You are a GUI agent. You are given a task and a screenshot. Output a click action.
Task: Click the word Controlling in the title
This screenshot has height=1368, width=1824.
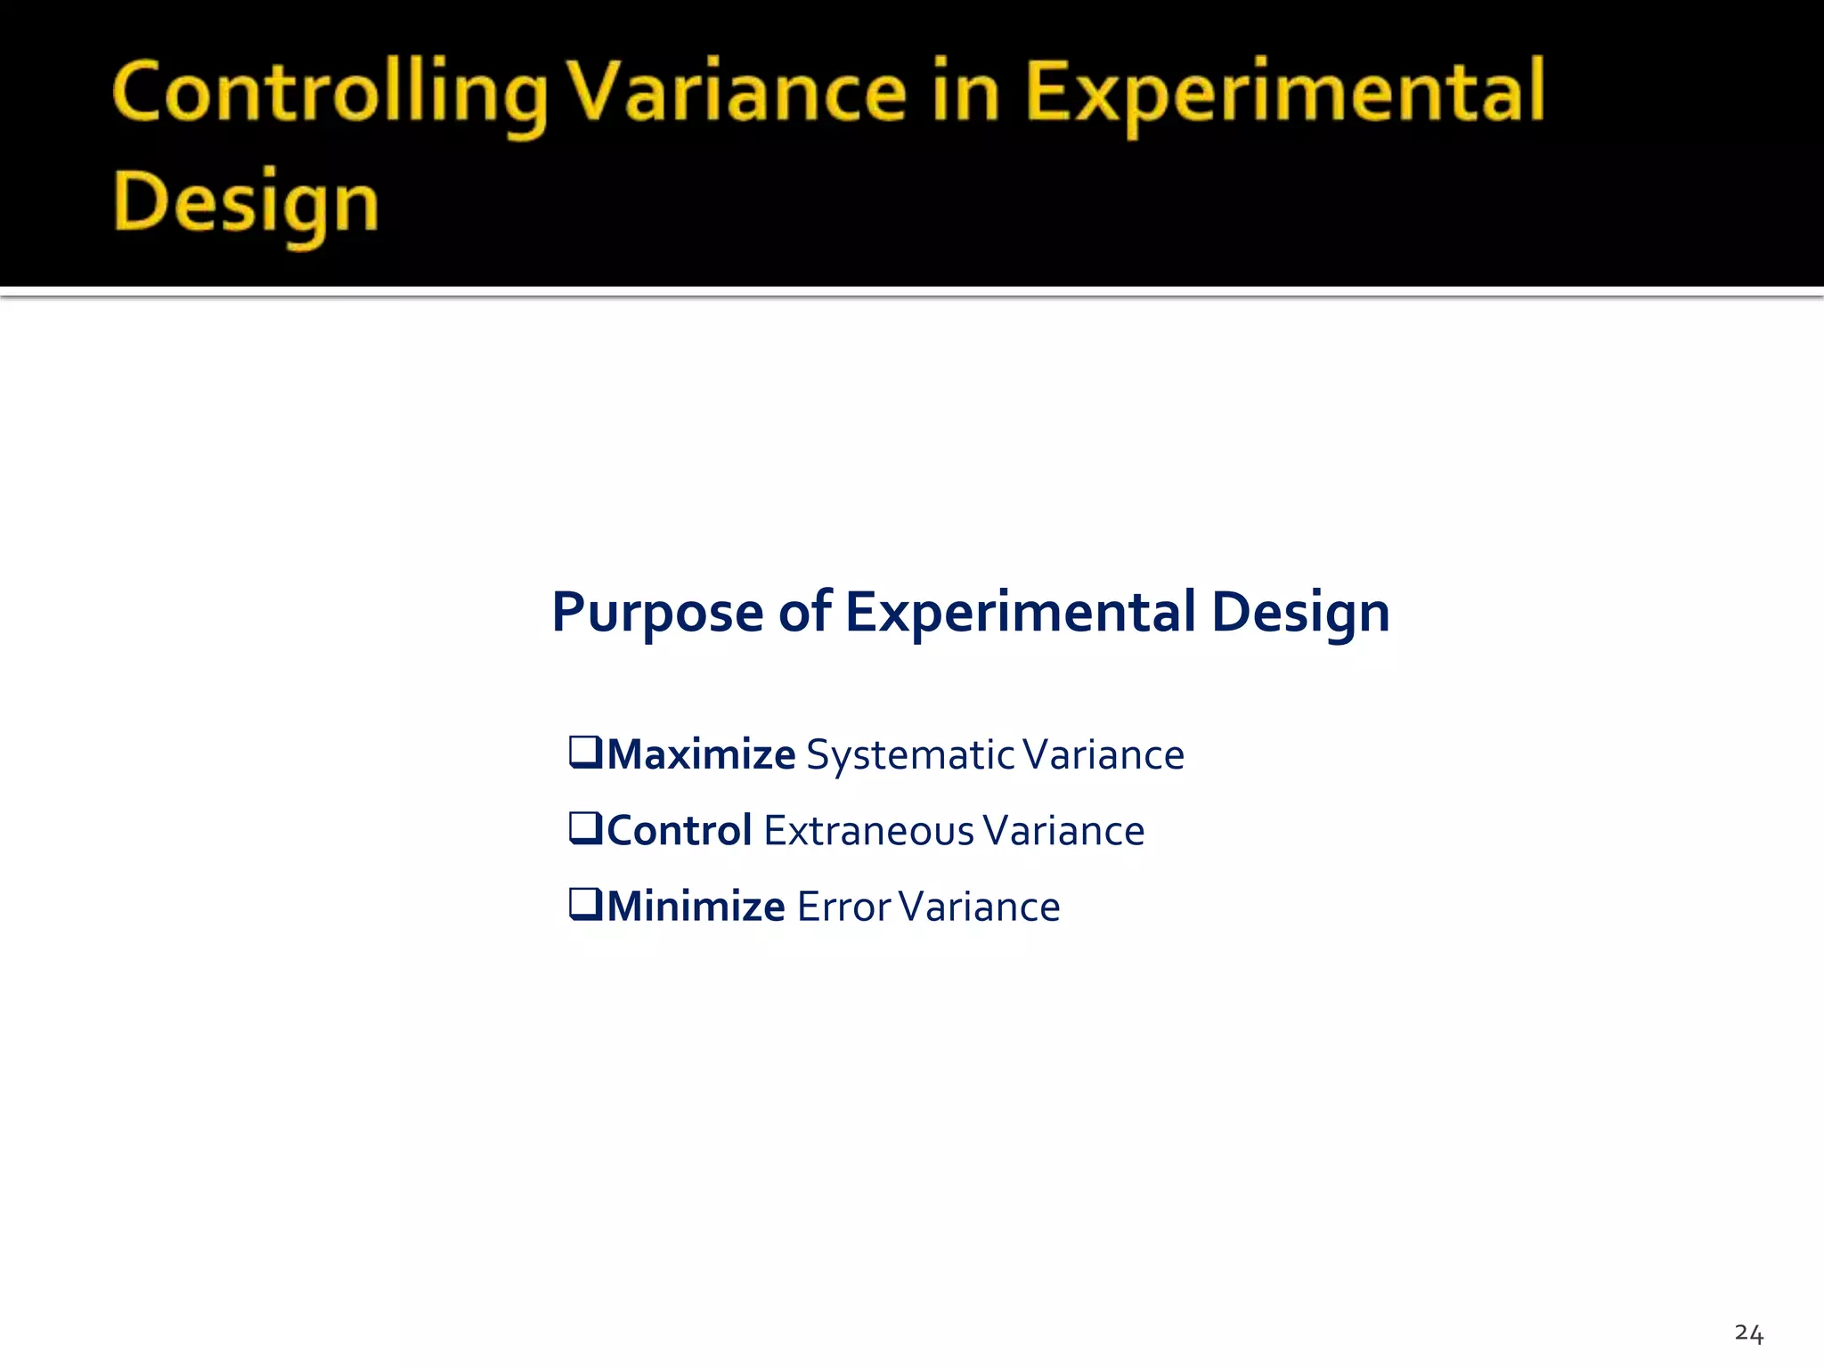click(330, 94)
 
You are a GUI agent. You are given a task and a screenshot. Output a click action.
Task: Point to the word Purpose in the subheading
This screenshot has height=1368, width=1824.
click(657, 613)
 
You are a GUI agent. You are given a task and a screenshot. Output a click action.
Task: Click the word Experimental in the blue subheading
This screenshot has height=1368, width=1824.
click(1020, 612)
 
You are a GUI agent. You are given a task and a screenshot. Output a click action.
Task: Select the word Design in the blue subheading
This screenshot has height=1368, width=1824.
click(1300, 613)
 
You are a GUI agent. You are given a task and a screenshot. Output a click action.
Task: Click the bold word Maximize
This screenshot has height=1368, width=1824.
click(701, 754)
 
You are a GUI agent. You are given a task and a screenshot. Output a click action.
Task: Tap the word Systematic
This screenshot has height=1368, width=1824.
click(910, 755)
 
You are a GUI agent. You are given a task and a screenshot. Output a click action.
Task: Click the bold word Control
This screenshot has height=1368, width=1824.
click(680, 830)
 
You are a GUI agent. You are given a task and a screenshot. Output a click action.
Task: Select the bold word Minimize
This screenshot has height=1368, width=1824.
click(696, 907)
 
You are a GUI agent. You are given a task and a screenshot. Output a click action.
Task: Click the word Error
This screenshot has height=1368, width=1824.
click(843, 907)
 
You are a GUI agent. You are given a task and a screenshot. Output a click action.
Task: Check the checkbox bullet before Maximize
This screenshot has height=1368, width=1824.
click(586, 753)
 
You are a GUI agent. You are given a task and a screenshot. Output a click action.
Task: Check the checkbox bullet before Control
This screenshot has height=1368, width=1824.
click(586, 828)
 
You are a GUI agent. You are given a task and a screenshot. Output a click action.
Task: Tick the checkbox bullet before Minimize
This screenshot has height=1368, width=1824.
click(586, 905)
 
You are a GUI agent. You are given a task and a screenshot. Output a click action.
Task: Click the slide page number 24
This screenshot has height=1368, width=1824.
click(1748, 1333)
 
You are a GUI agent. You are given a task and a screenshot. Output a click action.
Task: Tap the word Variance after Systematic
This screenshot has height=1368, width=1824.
click(1103, 755)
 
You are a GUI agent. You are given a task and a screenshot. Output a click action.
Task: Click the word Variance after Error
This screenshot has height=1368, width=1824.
click(980, 907)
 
